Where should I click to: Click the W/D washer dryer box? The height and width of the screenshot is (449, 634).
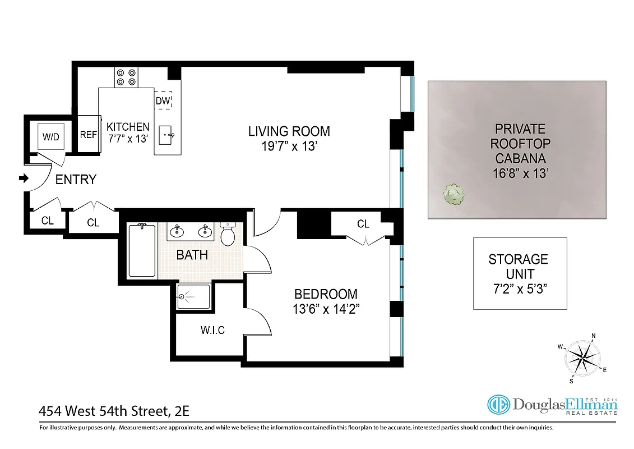[x=51, y=136]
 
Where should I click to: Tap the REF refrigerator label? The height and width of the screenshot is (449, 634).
[x=89, y=135]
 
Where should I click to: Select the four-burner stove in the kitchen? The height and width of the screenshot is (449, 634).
[x=126, y=77]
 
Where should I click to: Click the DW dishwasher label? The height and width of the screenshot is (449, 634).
[x=163, y=101]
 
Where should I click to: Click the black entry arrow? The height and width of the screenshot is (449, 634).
[x=24, y=179]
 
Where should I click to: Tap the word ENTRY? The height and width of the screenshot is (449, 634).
[x=76, y=180]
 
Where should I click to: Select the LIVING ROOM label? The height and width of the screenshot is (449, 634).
[x=289, y=131]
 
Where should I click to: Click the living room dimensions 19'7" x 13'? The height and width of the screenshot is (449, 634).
[x=289, y=146]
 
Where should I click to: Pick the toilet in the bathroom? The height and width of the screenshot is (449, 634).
[x=228, y=235]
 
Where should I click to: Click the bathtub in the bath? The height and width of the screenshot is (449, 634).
[x=142, y=250]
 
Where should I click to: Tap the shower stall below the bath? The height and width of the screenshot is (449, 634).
[x=193, y=296]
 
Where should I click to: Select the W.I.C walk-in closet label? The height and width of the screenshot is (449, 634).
[x=212, y=330]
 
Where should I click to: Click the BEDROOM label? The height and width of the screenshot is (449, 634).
[x=326, y=294]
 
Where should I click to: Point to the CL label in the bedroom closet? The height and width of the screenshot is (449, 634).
[x=363, y=224]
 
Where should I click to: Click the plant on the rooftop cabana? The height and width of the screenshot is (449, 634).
[x=453, y=195]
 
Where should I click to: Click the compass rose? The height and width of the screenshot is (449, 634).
[x=584, y=358]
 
